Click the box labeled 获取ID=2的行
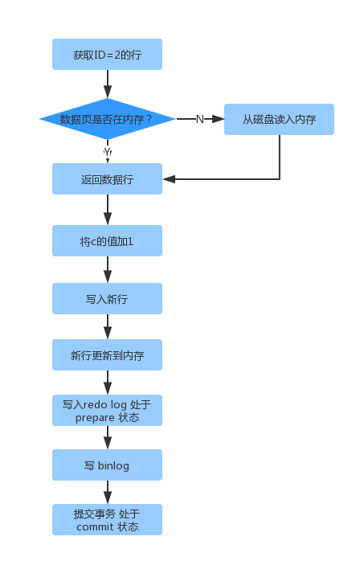point(108,55)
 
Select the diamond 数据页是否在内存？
point(108,119)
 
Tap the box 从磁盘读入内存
point(279,119)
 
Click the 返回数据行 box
point(108,179)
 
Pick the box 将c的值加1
point(108,241)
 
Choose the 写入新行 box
point(108,299)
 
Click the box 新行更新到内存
point(108,355)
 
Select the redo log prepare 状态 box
point(108,411)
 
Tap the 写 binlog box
point(108,465)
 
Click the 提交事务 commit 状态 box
point(108,520)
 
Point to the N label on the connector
point(200,119)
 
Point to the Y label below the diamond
point(108,152)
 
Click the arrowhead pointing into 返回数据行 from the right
point(169,179)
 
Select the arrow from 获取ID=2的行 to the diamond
point(108,84)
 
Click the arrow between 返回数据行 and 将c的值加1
point(108,210)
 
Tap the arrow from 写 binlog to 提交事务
point(108,493)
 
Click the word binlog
point(113,465)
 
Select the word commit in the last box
point(95,527)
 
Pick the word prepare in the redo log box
point(95,418)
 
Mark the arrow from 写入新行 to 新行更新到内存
point(108,326)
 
